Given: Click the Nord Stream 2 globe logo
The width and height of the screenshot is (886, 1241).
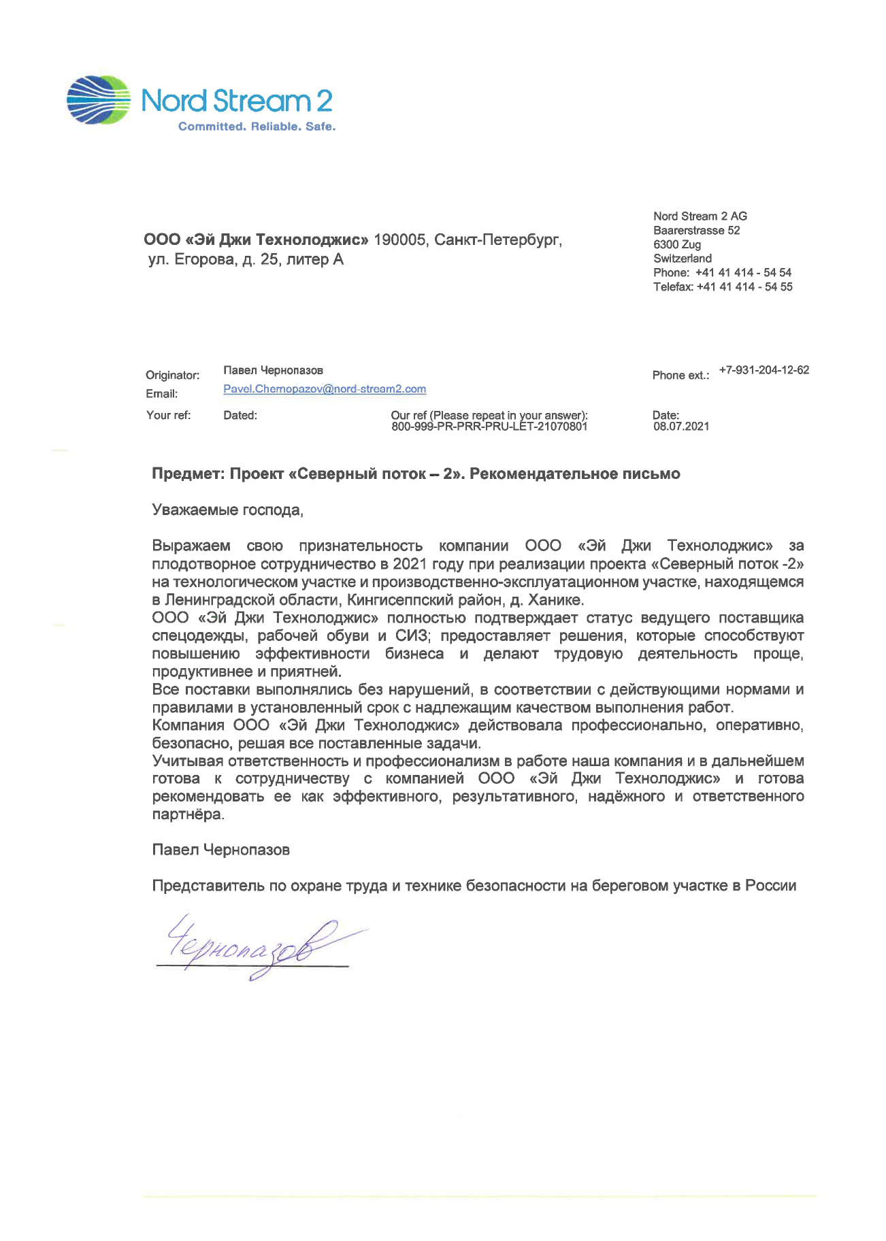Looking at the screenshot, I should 99,100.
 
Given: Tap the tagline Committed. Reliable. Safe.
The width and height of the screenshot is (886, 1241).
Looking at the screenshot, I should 257,127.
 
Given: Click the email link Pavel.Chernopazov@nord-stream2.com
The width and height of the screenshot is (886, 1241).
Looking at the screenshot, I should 325,389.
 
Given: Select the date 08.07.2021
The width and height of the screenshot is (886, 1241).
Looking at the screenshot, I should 681,427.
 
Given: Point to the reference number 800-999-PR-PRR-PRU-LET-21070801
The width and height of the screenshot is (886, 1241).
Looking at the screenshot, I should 489,427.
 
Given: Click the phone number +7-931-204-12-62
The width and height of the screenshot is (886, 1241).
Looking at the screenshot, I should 764,370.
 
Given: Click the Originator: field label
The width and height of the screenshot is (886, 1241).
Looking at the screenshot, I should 172,375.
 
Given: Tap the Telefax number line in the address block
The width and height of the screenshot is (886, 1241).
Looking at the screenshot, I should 723,287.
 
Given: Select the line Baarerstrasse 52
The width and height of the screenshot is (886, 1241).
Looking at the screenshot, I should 696,231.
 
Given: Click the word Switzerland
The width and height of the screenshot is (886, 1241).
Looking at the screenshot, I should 683,259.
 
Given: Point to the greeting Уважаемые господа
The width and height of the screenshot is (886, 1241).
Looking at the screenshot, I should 227,510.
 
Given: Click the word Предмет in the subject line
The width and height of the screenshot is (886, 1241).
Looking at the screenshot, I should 188,474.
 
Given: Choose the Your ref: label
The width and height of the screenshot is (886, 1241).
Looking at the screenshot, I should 168,415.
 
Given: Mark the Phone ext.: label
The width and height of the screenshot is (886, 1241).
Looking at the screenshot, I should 680,375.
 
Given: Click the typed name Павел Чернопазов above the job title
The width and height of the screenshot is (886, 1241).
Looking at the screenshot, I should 221,850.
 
